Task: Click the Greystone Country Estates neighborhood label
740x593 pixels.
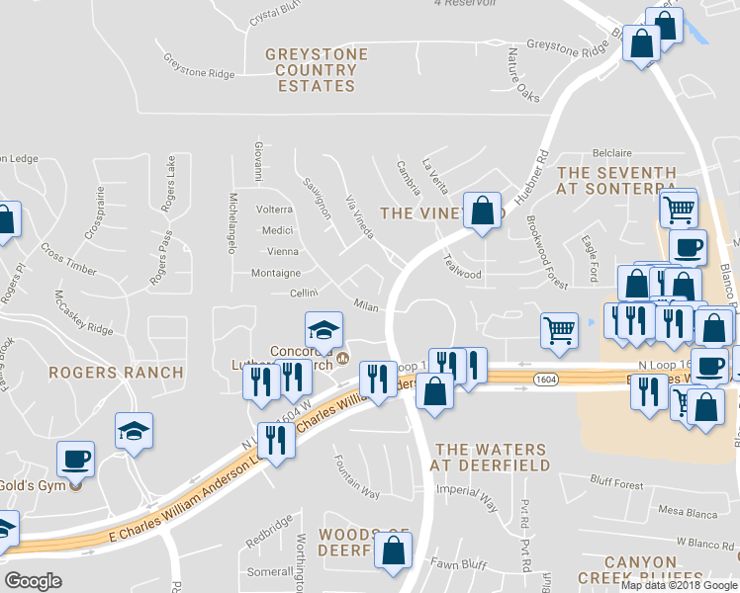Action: (x=316, y=70)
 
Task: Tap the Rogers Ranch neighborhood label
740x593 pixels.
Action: (x=118, y=373)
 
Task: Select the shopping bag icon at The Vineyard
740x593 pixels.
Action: (x=482, y=211)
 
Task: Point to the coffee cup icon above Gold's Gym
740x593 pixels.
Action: (x=76, y=459)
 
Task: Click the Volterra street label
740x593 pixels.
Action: (x=275, y=210)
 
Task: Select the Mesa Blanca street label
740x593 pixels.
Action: (x=686, y=512)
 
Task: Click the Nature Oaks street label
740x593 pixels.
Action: (x=523, y=74)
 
